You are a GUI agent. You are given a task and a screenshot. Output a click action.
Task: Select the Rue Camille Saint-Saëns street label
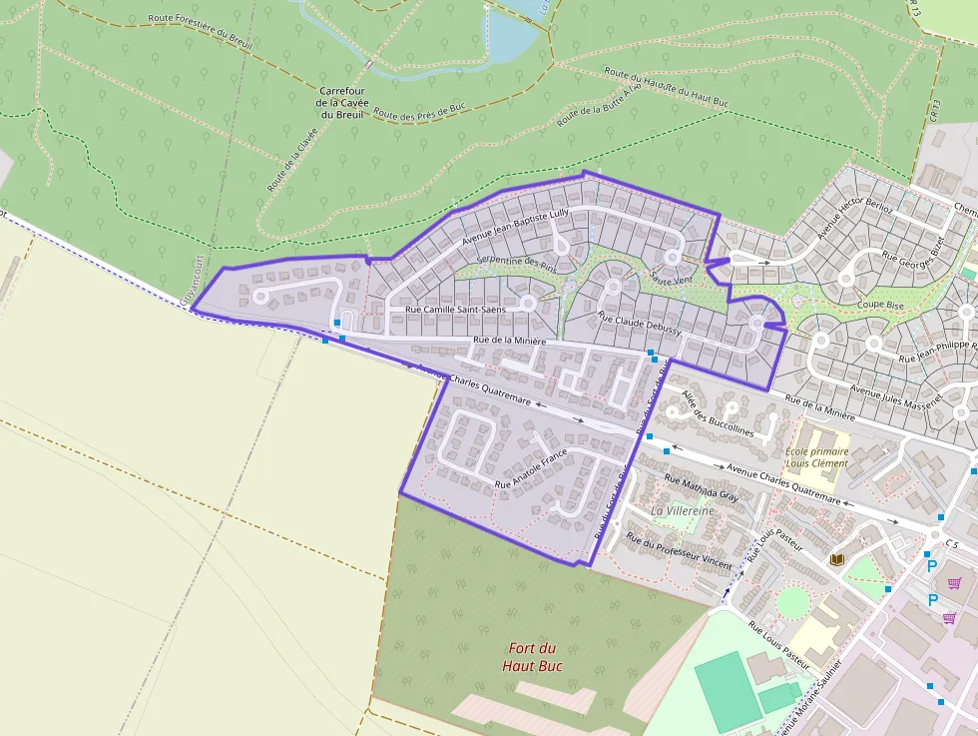coord(455,310)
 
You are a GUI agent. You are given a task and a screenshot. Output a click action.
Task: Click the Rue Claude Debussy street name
coord(639,323)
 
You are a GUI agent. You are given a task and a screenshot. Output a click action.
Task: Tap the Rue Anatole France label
coord(531,469)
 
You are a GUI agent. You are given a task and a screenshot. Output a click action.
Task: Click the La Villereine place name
coord(683,510)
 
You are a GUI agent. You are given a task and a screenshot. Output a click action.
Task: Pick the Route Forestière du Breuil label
coord(199,31)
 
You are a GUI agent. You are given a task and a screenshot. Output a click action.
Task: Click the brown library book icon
coord(837,559)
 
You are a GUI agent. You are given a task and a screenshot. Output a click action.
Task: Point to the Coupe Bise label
coord(879,304)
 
